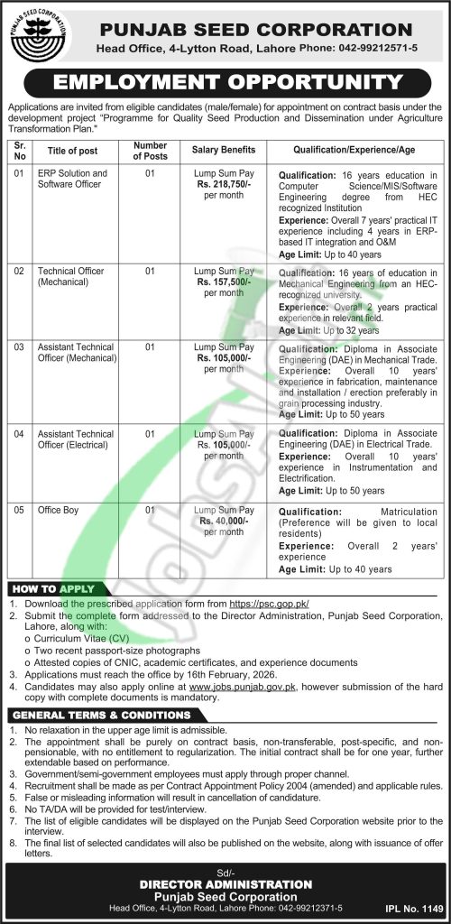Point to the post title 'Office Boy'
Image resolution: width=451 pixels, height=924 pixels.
pyautogui.click(x=58, y=510)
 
